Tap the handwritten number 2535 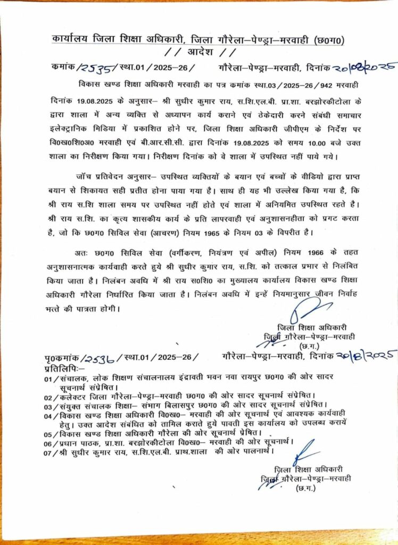pos(95,68)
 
